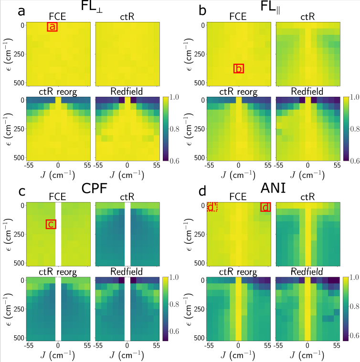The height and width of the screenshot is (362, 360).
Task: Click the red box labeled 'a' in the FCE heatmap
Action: click(x=52, y=27)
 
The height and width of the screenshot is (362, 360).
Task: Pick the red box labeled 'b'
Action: click(x=239, y=69)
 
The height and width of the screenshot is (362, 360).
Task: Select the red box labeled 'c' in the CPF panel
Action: click(x=51, y=224)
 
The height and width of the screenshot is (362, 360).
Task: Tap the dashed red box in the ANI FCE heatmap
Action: click(x=212, y=207)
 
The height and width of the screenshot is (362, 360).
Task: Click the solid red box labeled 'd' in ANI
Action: click(x=265, y=207)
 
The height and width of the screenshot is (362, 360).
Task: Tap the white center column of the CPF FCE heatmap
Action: click(x=58, y=234)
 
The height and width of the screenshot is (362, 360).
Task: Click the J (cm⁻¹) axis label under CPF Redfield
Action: click(x=127, y=355)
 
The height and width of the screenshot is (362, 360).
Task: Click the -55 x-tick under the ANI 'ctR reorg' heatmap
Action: click(x=208, y=345)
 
